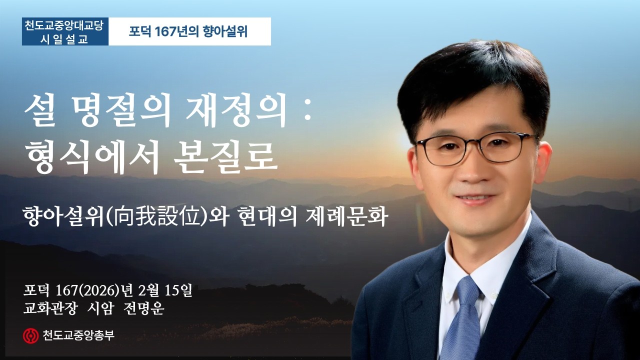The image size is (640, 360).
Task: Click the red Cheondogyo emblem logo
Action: [30, 335]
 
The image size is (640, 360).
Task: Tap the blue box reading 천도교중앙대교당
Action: [65, 25]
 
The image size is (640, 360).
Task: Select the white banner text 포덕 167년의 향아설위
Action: [188, 32]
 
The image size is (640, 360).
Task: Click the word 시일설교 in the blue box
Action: [65, 38]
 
